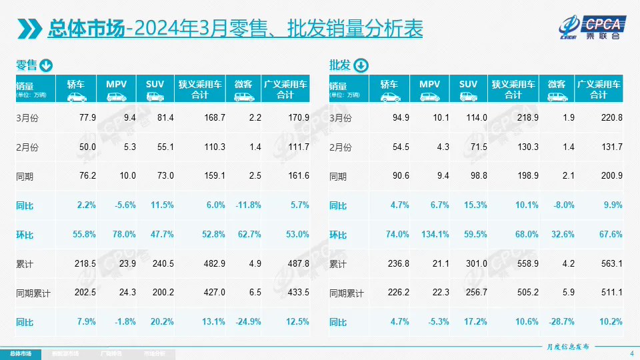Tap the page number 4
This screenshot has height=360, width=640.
coord(631,353)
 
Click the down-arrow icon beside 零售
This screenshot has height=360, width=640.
coord(46,65)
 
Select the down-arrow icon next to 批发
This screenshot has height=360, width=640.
coord(360,65)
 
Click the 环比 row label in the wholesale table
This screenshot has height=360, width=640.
coord(338,235)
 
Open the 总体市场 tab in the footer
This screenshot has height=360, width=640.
coord(20,353)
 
